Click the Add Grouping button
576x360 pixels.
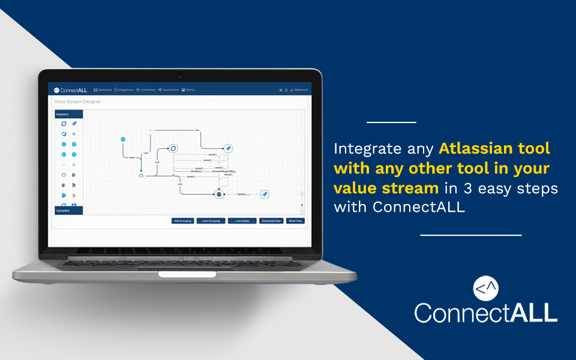pos(182,221)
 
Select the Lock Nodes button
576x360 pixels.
pos(242,221)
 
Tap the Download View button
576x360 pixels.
pos(271,221)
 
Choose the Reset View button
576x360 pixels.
pos(295,221)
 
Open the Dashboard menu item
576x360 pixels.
pos(103,90)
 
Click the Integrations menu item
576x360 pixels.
pos(124,90)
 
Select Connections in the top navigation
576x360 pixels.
pos(146,90)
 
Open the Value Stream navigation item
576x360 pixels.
pos(169,90)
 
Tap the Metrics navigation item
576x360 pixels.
pos(188,90)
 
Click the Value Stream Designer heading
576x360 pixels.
pos(77,102)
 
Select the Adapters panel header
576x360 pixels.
pos(63,113)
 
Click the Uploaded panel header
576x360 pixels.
pos(63,211)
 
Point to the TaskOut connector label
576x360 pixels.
pos(242,194)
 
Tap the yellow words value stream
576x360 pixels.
pos(386,188)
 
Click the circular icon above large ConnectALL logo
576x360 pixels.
pos(485,289)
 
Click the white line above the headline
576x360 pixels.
pos(391,122)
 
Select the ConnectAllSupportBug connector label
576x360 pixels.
pos(223,172)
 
